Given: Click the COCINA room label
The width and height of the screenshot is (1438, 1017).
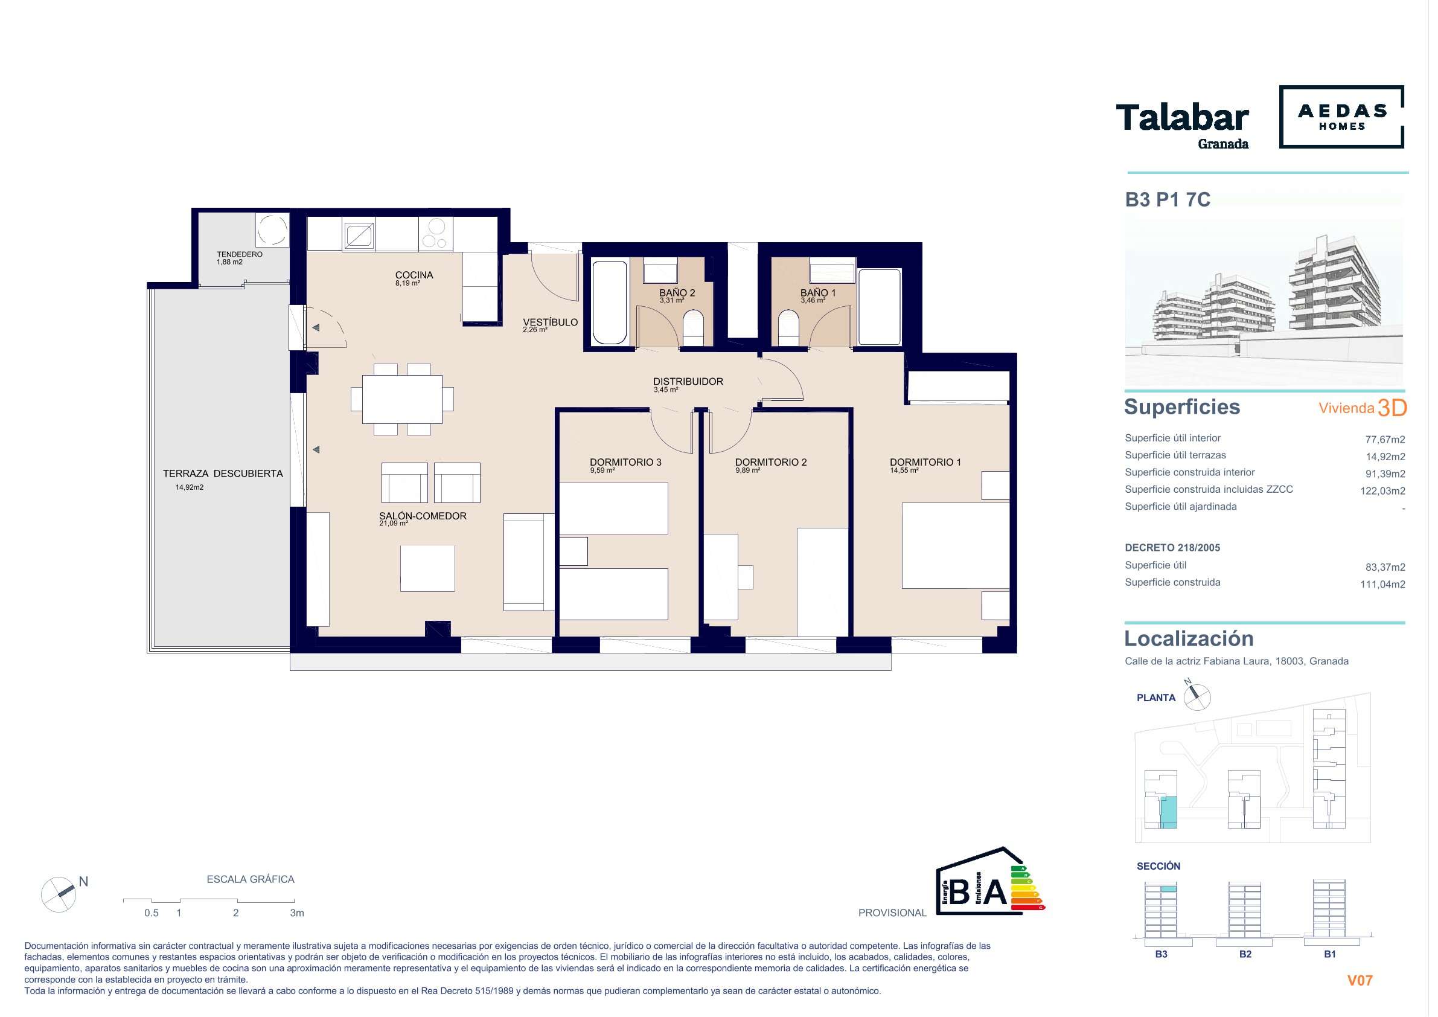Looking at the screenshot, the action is point(414,275).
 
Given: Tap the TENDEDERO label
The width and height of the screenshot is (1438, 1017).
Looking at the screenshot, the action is point(240,254).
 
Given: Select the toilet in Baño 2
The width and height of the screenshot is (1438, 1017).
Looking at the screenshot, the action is point(693,327).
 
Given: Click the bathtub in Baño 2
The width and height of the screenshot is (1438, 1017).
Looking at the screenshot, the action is point(609,303).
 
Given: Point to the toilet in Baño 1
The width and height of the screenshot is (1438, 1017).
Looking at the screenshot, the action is point(789,327).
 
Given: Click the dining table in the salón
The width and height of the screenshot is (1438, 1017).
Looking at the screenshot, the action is point(402,399).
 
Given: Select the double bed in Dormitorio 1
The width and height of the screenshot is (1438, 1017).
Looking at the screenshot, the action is point(956,545).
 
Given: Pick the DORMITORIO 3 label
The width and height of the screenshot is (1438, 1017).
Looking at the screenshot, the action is point(625,463).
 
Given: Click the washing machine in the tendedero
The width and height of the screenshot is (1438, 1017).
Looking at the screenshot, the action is point(272,229).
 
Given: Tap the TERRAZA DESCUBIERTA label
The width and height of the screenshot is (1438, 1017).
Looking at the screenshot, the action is point(223,473).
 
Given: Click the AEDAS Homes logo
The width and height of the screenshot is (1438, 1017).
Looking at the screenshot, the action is point(1341,117).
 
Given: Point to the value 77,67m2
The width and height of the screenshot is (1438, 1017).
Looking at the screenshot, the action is point(1385,440).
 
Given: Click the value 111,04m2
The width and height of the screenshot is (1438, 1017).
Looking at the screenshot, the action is point(1383,585).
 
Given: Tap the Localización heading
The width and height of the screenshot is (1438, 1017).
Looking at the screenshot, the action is point(1189,638).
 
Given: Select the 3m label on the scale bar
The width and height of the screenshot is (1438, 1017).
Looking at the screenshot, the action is point(297,913).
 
